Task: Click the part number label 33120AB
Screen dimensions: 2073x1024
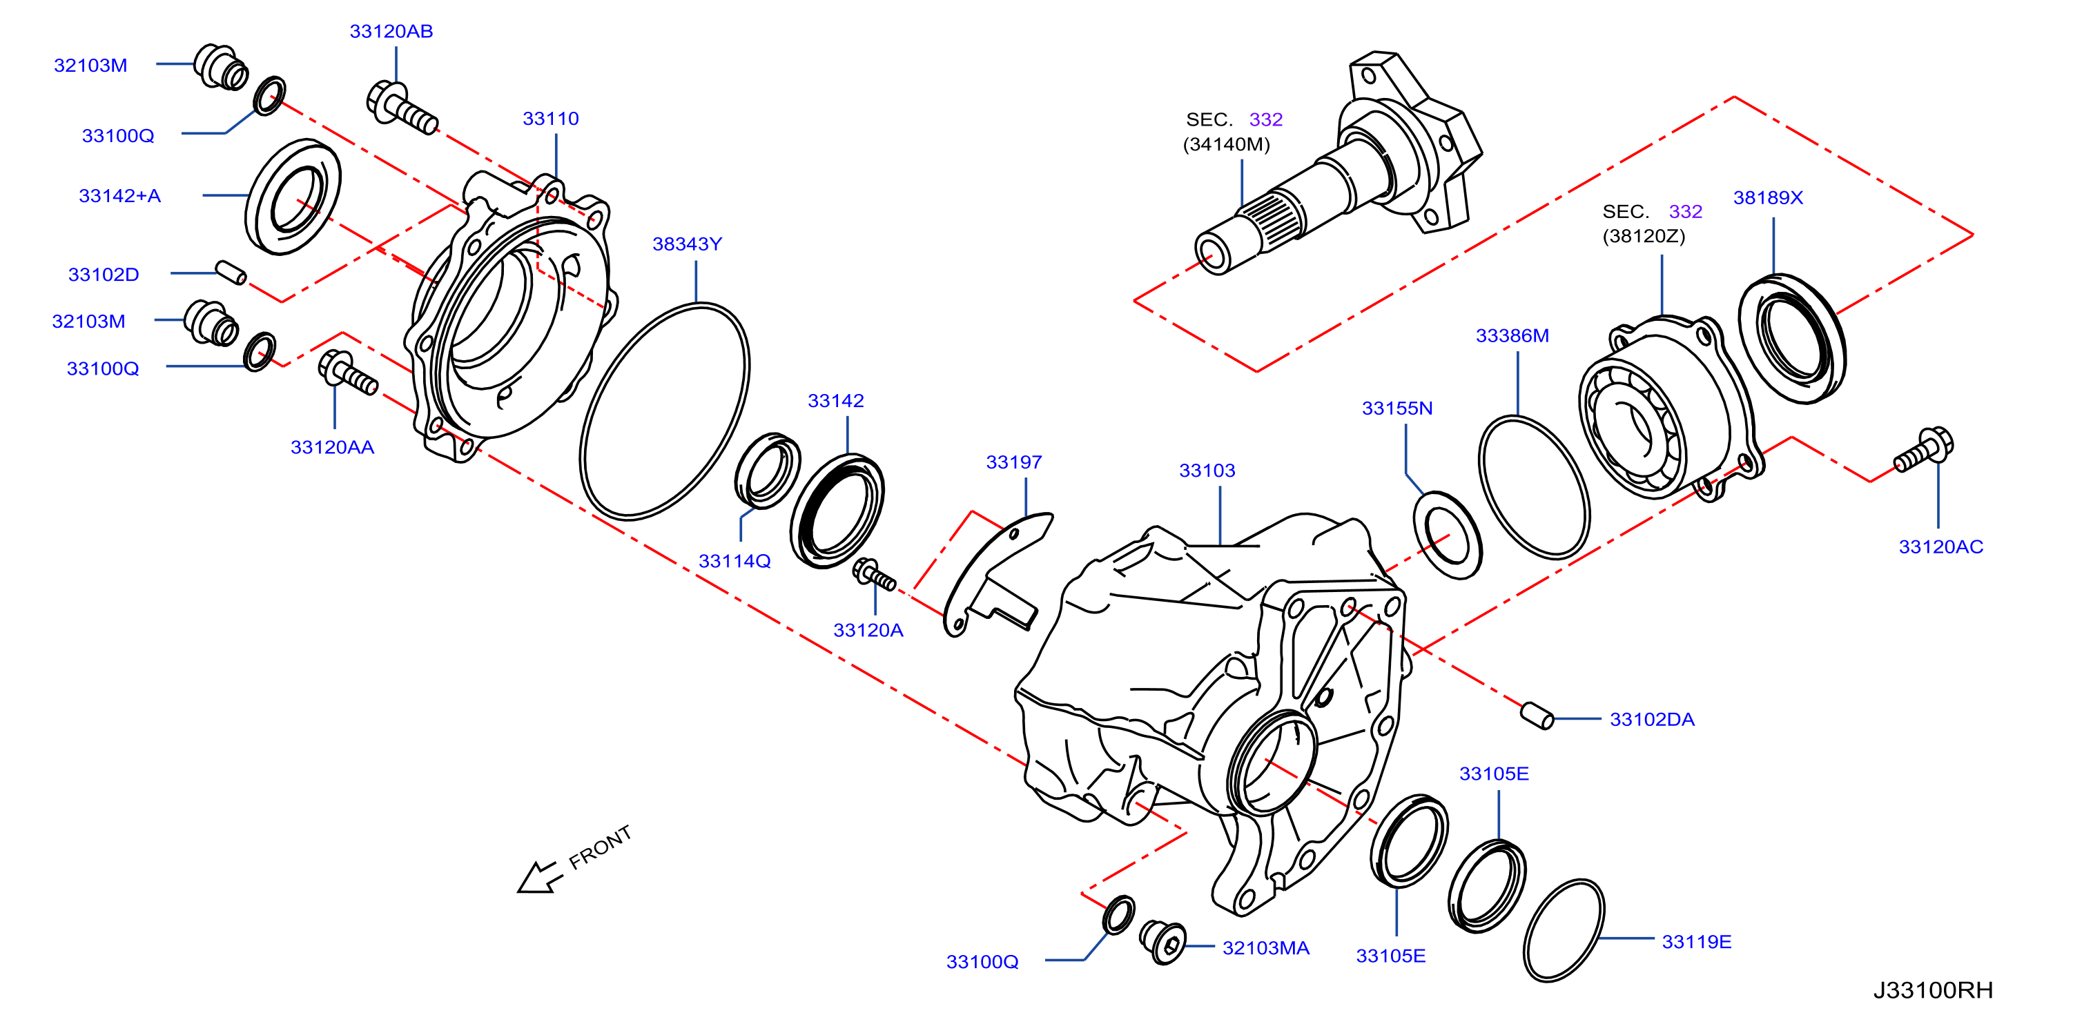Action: [x=391, y=31]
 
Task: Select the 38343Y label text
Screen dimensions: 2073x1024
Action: [x=688, y=244]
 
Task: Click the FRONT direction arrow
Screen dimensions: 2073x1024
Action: [x=538, y=877]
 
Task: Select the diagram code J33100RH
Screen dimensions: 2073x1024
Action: [x=1933, y=990]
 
